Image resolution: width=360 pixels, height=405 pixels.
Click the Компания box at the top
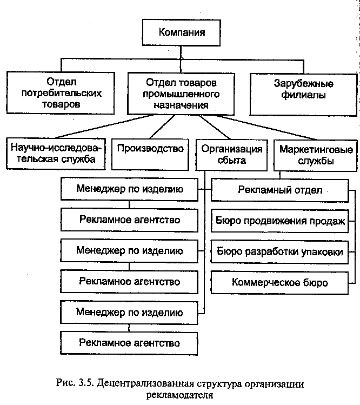(x=181, y=32)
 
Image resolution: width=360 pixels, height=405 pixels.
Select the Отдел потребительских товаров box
(x=61, y=93)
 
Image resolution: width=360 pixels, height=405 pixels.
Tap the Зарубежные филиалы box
(x=303, y=95)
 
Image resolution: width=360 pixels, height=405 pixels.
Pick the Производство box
(x=150, y=155)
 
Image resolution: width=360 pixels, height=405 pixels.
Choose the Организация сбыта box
(x=231, y=155)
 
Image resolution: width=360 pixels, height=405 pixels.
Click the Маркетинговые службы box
(x=316, y=156)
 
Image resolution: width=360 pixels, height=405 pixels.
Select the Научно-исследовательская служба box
(x=56, y=154)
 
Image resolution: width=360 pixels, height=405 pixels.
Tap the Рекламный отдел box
(x=280, y=191)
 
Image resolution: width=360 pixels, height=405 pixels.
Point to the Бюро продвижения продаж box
(x=280, y=221)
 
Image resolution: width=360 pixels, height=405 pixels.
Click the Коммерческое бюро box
(x=279, y=283)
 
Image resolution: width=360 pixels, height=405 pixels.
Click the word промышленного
(x=181, y=94)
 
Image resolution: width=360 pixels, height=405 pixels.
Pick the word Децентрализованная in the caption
(x=145, y=383)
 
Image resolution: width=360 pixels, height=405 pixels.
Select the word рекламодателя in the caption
(x=180, y=395)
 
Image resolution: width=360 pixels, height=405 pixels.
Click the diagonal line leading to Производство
(x=162, y=127)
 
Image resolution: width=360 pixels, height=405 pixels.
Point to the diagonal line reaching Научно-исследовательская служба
(x=104, y=127)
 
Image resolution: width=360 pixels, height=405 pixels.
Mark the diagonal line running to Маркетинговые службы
(x=266, y=128)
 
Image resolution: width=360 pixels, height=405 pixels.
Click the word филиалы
(x=303, y=95)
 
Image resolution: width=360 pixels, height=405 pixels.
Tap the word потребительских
(x=62, y=93)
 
